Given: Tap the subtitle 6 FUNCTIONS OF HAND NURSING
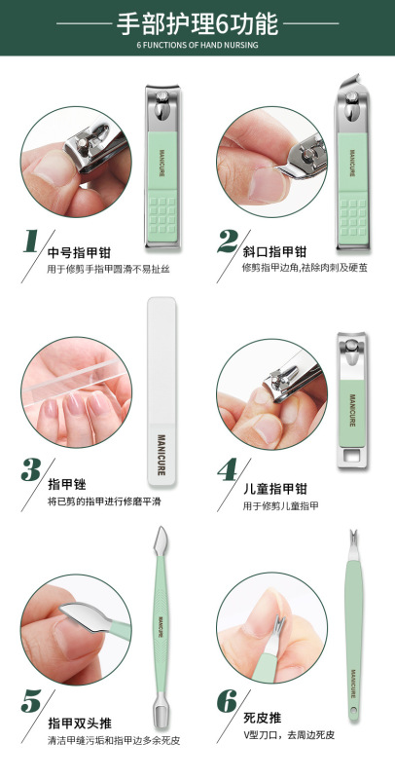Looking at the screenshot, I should pos(197,45).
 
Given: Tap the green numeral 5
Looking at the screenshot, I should pos(32,701).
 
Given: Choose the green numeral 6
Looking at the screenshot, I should pos(228,701).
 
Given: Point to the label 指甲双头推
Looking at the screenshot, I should pos(79,723).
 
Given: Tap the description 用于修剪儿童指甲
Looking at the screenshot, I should pos(280,506).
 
